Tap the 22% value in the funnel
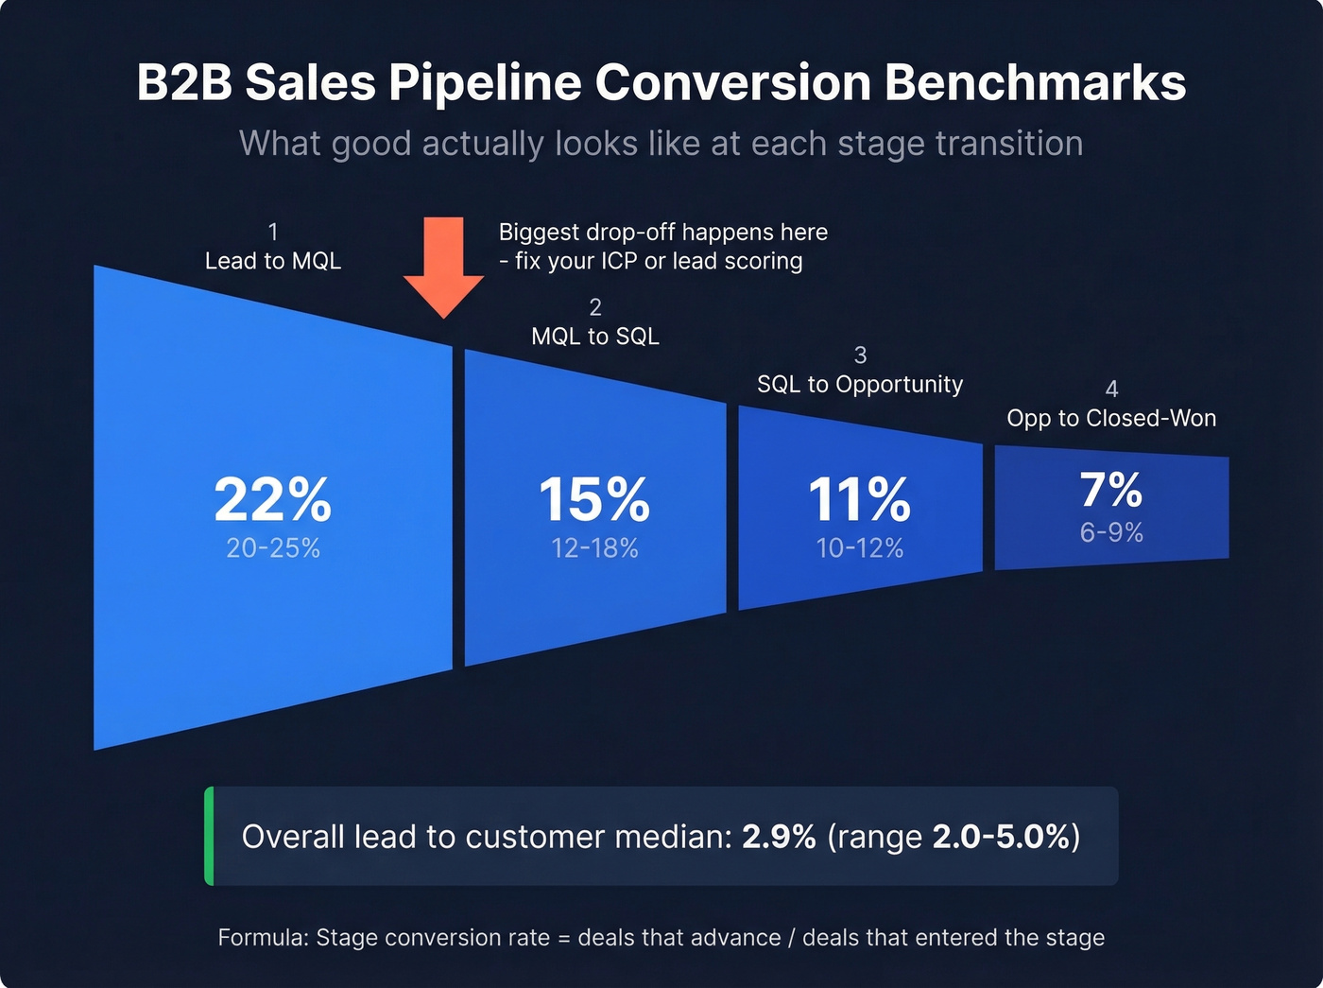[x=272, y=499]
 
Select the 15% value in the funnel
[x=594, y=499]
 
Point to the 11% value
[x=859, y=499]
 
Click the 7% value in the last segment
[x=1111, y=490]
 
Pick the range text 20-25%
[x=273, y=548]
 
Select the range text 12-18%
[x=594, y=548]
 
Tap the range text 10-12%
[x=859, y=548]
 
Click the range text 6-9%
[x=1111, y=533]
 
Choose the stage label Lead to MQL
[x=273, y=261]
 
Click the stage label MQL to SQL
[x=595, y=337]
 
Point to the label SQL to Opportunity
[x=860, y=384]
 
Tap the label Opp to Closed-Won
[x=1111, y=418]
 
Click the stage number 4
[x=1111, y=389]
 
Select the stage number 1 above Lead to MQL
[x=273, y=232]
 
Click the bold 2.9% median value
[x=779, y=837]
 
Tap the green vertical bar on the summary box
[x=209, y=836]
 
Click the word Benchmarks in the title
[x=1035, y=82]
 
